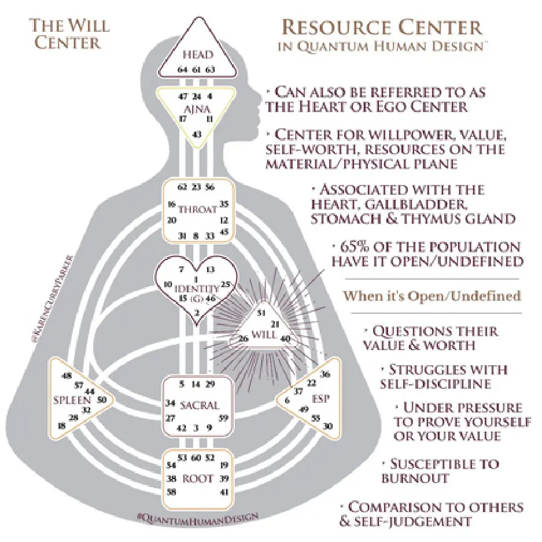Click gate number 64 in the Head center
[182, 70]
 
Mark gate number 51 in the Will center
[261, 313]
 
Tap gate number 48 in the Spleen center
[67, 376]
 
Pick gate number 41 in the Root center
[225, 492]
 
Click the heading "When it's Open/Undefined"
[432, 296]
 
